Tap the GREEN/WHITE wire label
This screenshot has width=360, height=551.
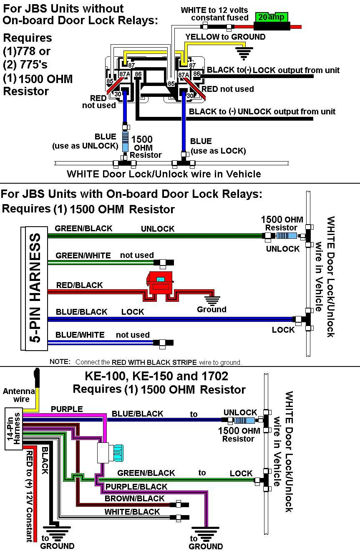(83, 255)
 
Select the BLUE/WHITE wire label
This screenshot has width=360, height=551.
(80, 335)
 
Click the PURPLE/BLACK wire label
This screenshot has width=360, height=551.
(136, 487)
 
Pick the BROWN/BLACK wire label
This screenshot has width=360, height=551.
(134, 498)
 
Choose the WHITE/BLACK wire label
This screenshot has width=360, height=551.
(132, 512)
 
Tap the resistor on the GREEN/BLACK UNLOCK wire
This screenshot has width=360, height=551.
(286, 236)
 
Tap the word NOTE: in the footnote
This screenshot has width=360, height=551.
(60, 361)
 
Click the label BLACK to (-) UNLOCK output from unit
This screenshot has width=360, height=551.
(262, 111)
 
